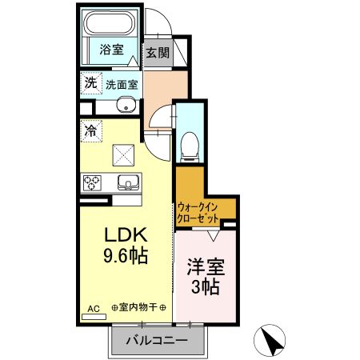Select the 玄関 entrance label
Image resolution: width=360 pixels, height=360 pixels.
point(157,54)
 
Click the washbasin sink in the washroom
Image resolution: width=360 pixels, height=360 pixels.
point(124,106)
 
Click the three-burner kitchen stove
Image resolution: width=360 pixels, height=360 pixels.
point(91,183)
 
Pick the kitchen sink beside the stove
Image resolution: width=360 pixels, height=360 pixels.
point(128,182)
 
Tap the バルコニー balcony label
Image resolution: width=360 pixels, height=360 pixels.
point(156,342)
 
